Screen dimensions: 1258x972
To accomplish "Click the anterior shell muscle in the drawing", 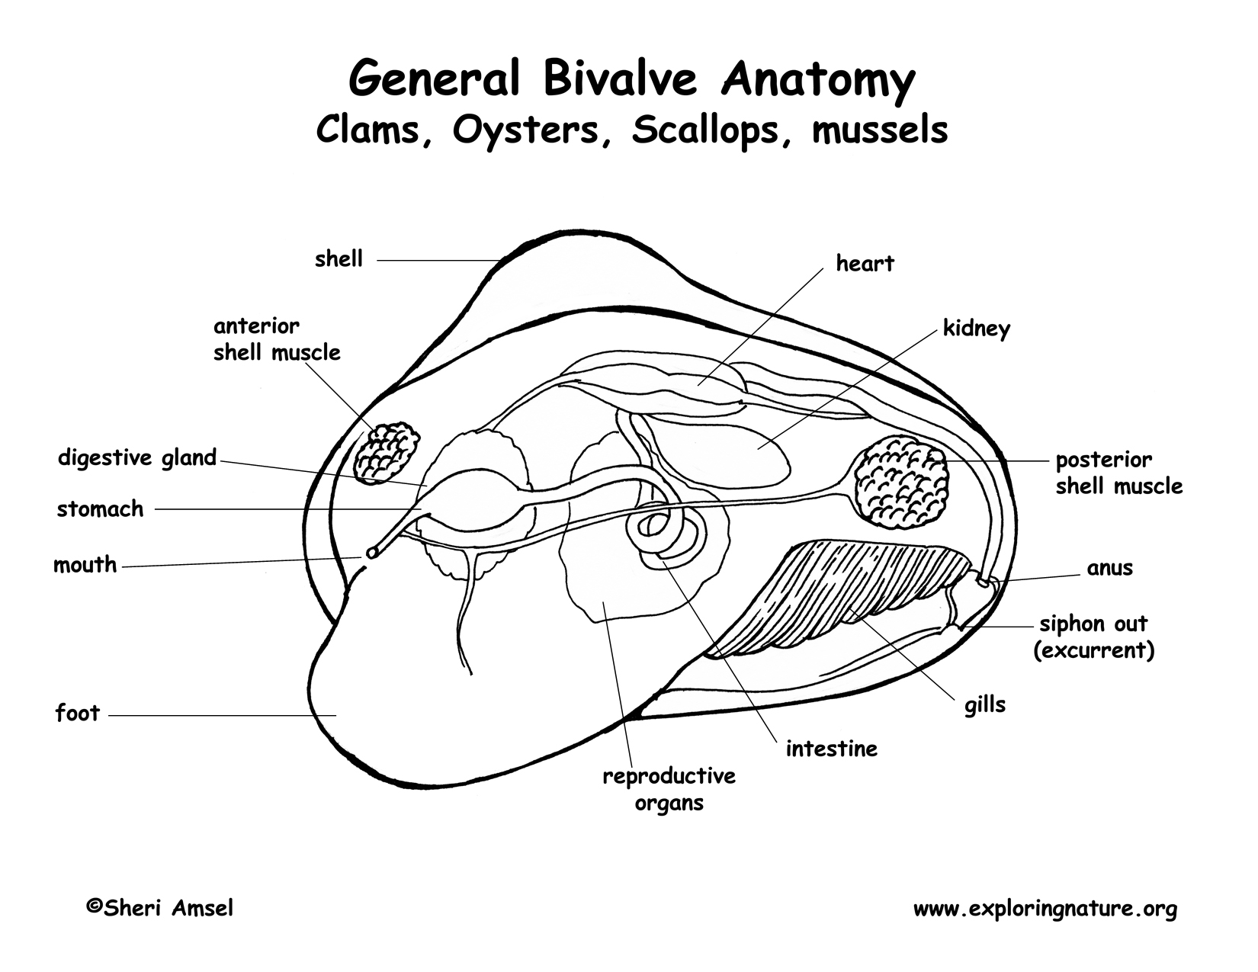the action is click(x=387, y=453).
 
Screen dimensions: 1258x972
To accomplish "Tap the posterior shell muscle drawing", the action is click(x=902, y=482).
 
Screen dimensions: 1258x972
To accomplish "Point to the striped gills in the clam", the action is click(x=839, y=596).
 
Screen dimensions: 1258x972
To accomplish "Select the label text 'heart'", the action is click(x=865, y=264).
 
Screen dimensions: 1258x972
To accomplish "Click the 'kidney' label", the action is click(x=976, y=329).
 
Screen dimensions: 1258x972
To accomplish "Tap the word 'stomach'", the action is click(x=100, y=508).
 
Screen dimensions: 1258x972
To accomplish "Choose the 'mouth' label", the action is click(x=85, y=564).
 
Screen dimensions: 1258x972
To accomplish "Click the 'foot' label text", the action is click(x=78, y=713).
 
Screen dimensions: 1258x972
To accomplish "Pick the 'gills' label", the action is click(x=985, y=705).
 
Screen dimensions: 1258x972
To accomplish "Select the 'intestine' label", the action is click(x=831, y=749).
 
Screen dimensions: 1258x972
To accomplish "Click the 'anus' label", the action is click(x=1110, y=568).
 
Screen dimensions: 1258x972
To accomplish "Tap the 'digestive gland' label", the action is click(x=137, y=458).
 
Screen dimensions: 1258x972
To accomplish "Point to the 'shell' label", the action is click(x=339, y=258).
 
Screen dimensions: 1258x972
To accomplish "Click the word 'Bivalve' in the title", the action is click(x=620, y=79).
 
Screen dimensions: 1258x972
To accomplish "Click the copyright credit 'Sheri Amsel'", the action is click(x=160, y=907).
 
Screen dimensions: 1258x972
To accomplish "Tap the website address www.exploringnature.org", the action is click(x=1045, y=909).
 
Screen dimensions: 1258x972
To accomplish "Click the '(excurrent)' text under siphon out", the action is click(x=1094, y=650).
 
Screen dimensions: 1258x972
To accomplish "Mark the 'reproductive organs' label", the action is click(x=669, y=790).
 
